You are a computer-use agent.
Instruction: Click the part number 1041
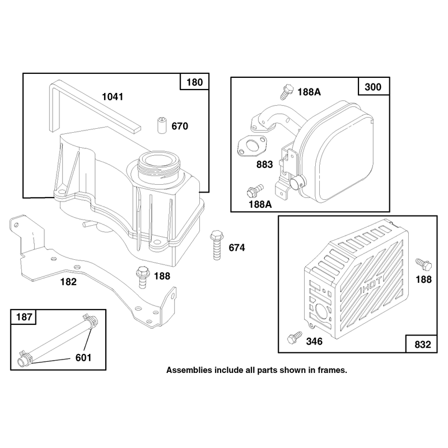point(113,97)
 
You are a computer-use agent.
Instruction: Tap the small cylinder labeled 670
point(162,125)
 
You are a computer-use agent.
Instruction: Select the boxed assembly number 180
point(194,82)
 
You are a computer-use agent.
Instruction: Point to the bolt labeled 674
point(217,245)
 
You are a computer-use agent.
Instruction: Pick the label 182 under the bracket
point(68,282)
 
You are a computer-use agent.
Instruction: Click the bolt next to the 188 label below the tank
point(143,277)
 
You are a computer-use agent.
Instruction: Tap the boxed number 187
point(24,317)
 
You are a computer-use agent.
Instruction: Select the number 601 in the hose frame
point(83,358)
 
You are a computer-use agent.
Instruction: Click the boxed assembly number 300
point(373,87)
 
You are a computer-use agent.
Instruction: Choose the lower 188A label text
point(260,204)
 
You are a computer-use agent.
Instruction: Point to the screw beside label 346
point(295,338)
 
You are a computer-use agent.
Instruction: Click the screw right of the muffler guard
point(424,264)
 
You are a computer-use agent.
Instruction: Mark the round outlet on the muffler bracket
point(297,182)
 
